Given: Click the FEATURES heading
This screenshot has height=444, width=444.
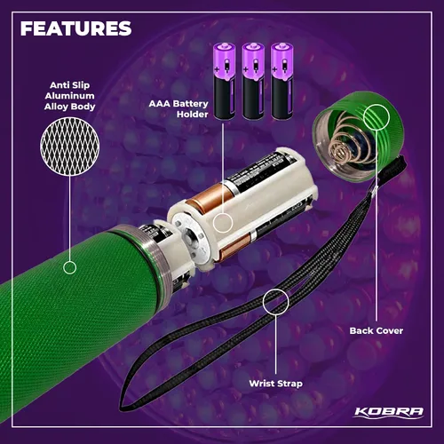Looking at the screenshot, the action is (75, 28).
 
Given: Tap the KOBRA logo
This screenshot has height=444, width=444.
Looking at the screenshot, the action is (389, 412).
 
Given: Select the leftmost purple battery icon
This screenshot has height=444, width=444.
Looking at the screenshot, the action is (225, 81).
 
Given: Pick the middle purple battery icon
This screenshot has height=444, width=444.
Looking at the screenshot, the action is (253, 81).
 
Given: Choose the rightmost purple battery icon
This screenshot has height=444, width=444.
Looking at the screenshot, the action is (282, 81).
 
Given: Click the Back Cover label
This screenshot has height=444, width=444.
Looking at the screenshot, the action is (377, 330).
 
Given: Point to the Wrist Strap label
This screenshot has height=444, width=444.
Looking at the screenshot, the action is (275, 384).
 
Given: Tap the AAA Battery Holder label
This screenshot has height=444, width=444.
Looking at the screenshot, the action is (178, 109).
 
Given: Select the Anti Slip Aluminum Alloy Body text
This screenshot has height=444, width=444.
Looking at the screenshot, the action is (69, 96).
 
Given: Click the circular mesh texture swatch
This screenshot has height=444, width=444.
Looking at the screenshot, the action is (70, 147).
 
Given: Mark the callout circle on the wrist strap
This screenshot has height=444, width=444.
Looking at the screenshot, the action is (275, 301).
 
